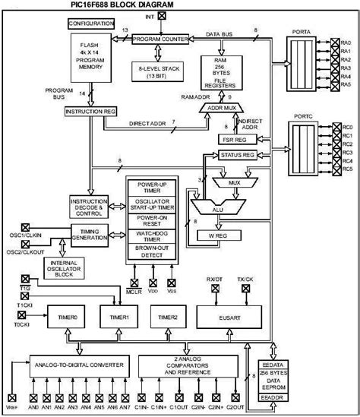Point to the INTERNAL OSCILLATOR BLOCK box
tap(90, 268)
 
